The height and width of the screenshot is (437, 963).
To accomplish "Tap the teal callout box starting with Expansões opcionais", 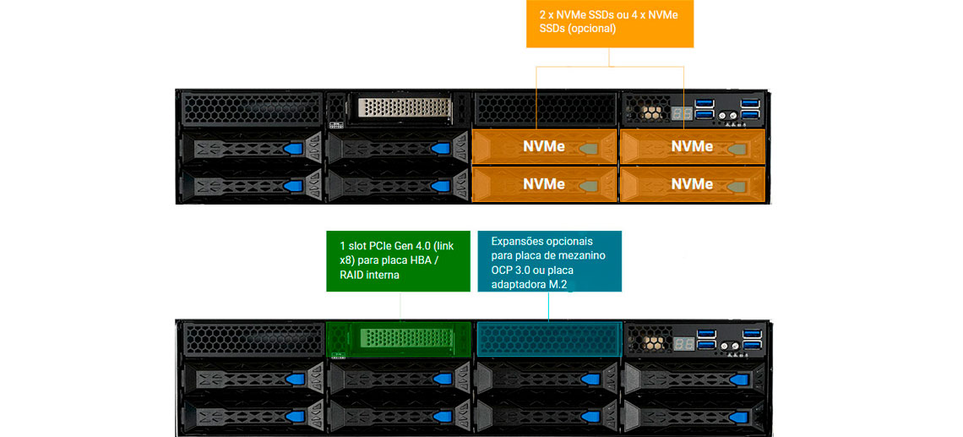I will pos(549,260).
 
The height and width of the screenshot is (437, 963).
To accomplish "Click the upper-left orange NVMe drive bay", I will pos(544,146).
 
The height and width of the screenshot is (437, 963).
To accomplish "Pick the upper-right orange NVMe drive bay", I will pos(692,146).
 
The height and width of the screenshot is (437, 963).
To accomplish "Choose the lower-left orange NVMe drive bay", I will pos(544,183).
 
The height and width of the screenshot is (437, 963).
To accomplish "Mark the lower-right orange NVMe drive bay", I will pos(692,183).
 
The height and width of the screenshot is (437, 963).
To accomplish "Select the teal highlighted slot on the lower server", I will pos(549,339).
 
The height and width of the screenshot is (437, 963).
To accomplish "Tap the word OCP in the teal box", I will pos(505,269).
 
